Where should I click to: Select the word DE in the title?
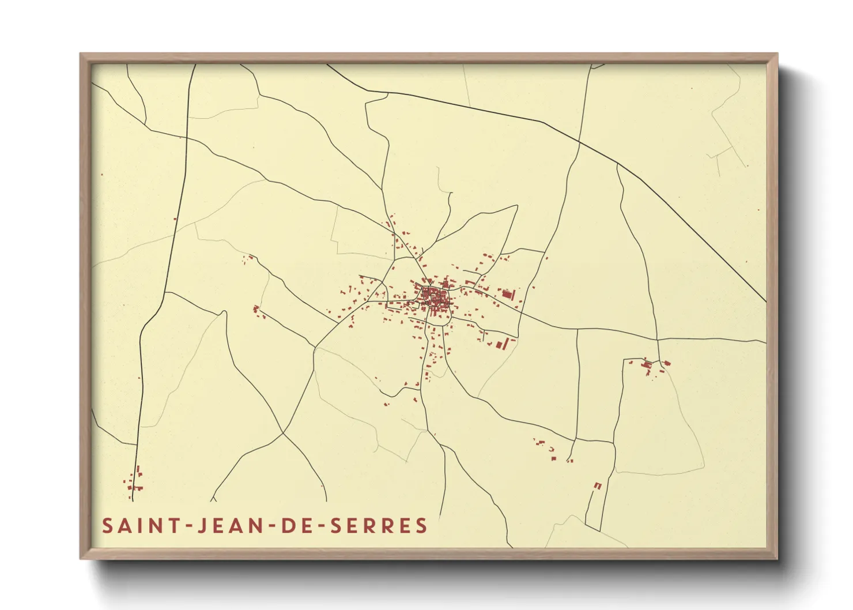point(296,525)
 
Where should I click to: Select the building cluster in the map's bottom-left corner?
point(134,482)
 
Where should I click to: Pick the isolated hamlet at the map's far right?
point(650,366)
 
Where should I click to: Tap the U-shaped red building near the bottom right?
point(598,485)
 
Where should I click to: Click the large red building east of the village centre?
point(507,295)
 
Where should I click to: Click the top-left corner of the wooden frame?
point(81,54)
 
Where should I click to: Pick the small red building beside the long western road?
point(175,219)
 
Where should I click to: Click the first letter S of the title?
point(107,525)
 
